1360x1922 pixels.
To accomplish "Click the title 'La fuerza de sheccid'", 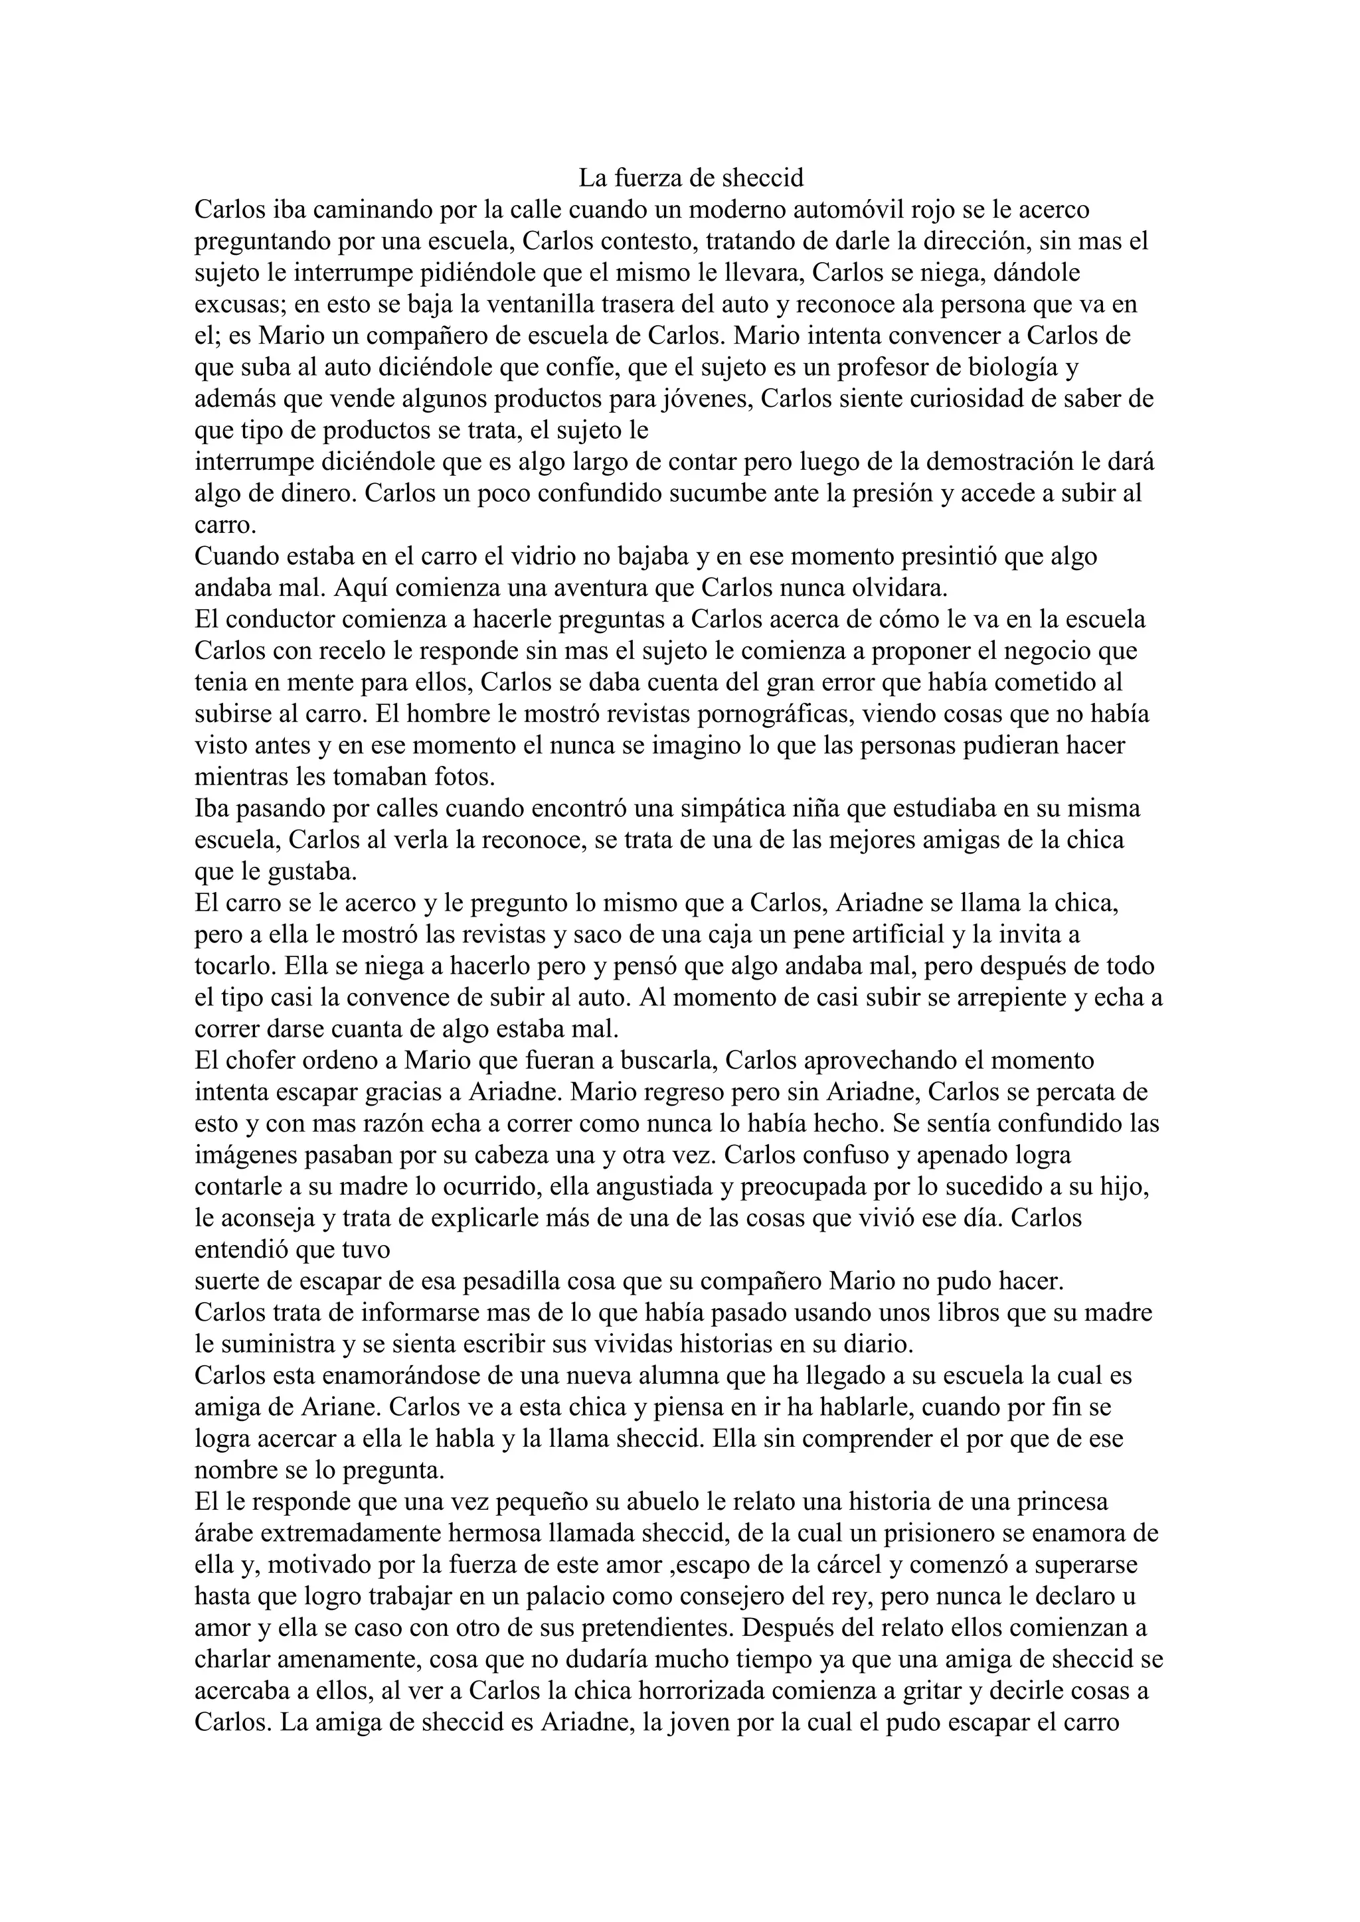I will [x=691, y=177].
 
